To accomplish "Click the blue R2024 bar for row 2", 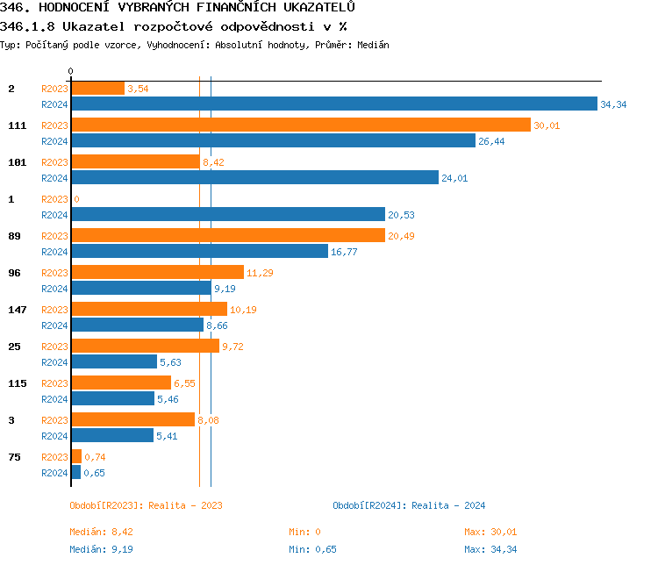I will point(333,104).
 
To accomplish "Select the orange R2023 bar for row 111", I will point(300,125).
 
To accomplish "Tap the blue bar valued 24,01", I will point(254,178).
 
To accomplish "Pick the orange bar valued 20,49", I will point(228,236).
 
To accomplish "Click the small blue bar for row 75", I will point(75,473).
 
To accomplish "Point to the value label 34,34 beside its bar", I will point(613,104).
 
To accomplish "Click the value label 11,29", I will point(260,273).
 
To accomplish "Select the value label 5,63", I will point(169,362).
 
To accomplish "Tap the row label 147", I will point(17,310).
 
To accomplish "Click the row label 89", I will point(14,236).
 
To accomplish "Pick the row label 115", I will point(17,383).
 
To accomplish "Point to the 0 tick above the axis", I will point(71,71).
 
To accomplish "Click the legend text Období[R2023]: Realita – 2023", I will point(146,505).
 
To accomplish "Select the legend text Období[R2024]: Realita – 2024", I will point(409,505).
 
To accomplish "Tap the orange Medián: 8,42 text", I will point(100,532).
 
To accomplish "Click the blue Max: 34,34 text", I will point(490,549).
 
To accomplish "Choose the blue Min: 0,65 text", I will point(310,549).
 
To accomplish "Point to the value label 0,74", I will point(95,457).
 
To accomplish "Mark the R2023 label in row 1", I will point(54,199).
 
